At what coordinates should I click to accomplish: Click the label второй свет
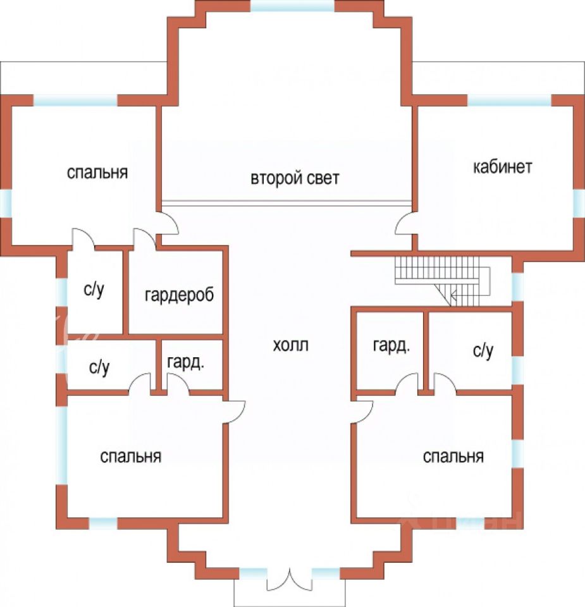[295, 178]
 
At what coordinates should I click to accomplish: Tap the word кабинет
[503, 167]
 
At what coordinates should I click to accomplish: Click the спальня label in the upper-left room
[97, 172]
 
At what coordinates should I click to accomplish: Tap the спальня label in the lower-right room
[453, 457]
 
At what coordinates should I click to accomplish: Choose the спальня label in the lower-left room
[131, 457]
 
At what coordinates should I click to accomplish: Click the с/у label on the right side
[483, 352]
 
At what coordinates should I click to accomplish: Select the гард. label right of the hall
[391, 346]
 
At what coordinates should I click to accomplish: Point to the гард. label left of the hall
[185, 363]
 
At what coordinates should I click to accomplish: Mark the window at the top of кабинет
[509, 100]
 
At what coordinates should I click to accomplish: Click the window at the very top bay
[292, 6]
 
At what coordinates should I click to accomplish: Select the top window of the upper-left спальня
[76, 100]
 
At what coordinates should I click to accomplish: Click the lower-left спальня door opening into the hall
[235, 412]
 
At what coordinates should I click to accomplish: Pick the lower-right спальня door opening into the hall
[364, 412]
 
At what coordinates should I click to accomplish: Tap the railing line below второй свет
[286, 203]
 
